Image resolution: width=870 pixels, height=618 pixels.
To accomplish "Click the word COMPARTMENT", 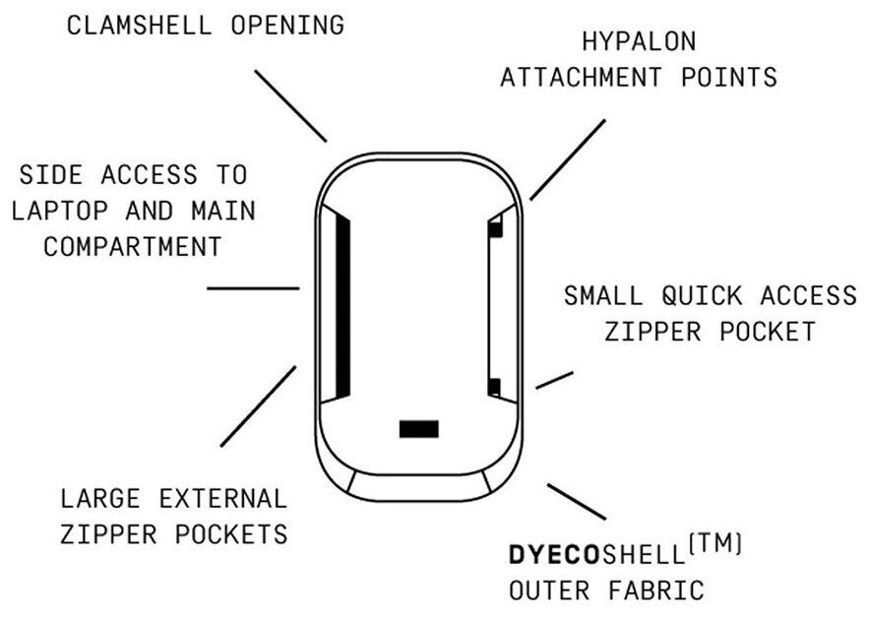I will pyautogui.click(x=131, y=246).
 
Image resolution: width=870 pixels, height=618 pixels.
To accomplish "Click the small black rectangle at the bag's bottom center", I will pyautogui.click(x=418, y=428).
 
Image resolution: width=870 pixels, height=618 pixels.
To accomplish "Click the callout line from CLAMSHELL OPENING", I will pyautogui.click(x=289, y=105).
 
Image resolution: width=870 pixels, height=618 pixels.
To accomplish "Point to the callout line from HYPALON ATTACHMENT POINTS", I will pyautogui.click(x=568, y=158).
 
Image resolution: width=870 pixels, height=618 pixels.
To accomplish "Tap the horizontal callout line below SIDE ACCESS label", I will pyautogui.click(x=253, y=288).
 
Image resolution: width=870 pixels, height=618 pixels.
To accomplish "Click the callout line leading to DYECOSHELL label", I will pyautogui.click(x=576, y=501).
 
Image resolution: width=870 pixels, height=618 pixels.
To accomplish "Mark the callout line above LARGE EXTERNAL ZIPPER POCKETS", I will pyautogui.click(x=258, y=406).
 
